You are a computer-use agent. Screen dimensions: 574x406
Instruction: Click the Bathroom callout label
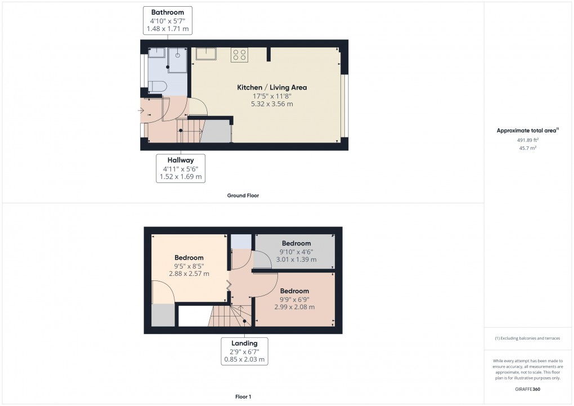coord(168,20)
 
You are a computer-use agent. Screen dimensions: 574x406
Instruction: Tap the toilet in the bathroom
coord(158,87)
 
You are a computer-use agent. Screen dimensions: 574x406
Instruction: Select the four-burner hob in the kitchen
coord(239,55)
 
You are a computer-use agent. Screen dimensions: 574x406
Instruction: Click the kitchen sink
coord(206,53)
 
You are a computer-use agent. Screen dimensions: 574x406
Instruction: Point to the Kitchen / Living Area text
coord(272,87)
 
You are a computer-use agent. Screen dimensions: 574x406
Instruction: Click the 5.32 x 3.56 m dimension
coord(272,104)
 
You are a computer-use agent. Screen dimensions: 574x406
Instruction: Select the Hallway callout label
coord(181,168)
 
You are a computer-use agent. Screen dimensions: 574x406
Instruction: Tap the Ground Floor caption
coord(243,195)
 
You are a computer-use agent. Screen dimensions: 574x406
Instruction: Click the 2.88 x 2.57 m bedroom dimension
coord(189,273)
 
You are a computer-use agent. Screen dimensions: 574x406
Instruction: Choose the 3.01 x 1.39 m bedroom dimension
coord(296,259)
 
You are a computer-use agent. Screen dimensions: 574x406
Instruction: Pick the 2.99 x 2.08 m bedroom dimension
coord(294,307)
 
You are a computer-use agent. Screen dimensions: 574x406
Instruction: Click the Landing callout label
coord(244,351)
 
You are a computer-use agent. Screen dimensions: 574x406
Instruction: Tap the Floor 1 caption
coord(243,396)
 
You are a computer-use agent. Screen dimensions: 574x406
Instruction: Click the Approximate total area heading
coord(527,130)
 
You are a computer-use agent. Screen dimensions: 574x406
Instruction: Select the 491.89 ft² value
coord(527,140)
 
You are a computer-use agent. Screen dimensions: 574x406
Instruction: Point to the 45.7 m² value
coord(527,148)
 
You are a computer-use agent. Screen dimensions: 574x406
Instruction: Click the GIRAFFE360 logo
coord(527,389)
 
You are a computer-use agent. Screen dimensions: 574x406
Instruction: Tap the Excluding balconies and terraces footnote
coord(527,338)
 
